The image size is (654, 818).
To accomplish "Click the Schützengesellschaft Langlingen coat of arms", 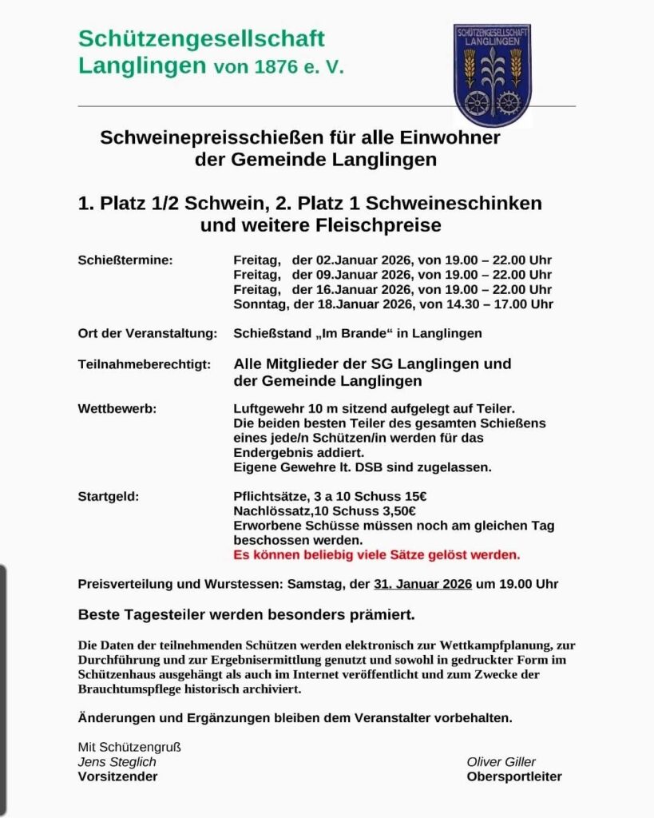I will point(493,73).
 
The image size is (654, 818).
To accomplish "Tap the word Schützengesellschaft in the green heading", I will point(201,38).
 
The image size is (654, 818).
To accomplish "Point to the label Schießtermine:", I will point(125,260).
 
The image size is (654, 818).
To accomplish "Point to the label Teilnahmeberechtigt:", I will point(144,364).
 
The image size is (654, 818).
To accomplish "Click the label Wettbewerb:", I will point(117,408).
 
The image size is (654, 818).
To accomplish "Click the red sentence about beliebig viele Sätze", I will point(376,554).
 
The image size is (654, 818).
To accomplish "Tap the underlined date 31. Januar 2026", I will point(422,584).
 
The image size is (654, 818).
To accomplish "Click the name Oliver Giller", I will point(501,761).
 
